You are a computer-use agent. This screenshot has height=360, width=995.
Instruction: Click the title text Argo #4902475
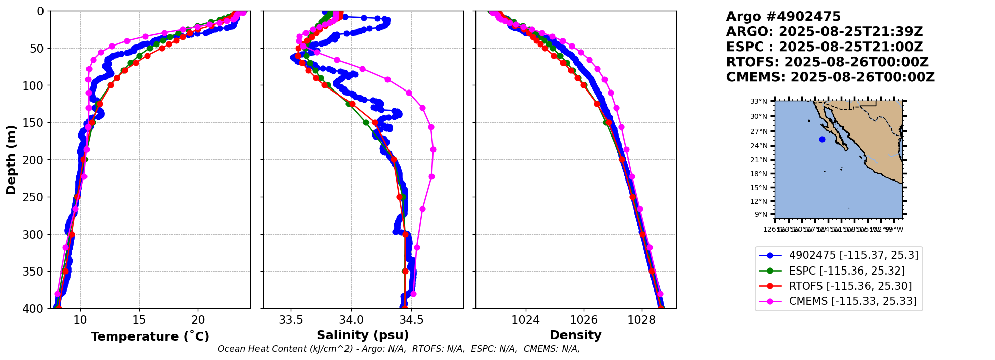click(783, 17)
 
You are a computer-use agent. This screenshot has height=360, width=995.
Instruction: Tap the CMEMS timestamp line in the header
click(830, 77)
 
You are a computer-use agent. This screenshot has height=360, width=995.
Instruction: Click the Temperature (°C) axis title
click(150, 336)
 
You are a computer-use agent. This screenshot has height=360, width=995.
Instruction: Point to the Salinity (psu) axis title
click(363, 335)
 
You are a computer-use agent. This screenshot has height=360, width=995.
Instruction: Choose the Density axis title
click(576, 335)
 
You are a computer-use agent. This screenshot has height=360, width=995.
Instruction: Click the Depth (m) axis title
click(11, 160)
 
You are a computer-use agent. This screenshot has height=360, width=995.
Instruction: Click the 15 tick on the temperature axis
click(139, 320)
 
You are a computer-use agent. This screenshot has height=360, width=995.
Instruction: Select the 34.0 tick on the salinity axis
click(351, 320)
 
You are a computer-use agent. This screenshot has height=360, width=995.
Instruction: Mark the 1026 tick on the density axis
click(584, 320)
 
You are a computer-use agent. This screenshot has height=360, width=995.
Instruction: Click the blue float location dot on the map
click(822, 140)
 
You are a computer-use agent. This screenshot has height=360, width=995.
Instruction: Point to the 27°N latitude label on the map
click(759, 131)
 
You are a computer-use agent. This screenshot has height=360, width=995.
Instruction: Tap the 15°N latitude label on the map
click(759, 188)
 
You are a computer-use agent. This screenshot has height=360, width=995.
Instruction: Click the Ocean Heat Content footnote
click(399, 349)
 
